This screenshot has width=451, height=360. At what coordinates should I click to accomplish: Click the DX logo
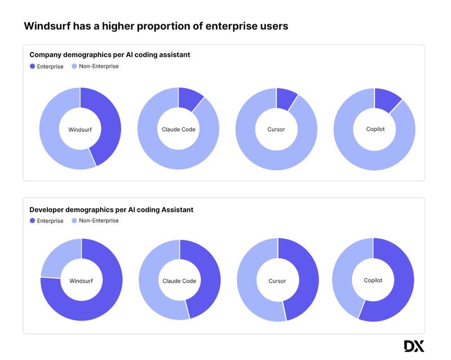(x=414, y=346)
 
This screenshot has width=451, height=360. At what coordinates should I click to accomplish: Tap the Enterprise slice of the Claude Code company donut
(x=190, y=99)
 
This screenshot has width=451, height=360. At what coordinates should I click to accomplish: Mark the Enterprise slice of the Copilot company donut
(x=386, y=99)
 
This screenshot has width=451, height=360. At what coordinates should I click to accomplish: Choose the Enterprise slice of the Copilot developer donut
(x=401, y=282)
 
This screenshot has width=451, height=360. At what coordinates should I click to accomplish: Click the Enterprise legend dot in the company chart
(x=32, y=67)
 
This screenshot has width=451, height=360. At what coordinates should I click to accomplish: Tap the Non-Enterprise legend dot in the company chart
(x=74, y=67)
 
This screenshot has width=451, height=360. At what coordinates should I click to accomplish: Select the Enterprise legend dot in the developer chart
(x=32, y=221)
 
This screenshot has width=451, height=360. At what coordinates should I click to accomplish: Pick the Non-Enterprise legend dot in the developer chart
(x=74, y=221)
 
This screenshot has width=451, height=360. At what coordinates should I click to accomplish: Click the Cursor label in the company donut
(x=276, y=129)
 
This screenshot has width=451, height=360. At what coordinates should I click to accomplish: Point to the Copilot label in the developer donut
(x=373, y=280)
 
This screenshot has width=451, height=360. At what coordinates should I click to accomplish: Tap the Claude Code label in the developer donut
(x=179, y=281)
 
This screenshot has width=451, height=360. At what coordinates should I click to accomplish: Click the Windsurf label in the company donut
(x=80, y=129)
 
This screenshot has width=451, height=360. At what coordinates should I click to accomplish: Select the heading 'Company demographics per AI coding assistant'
(x=109, y=55)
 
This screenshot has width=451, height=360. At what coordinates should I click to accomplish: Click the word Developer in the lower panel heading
(x=47, y=209)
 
